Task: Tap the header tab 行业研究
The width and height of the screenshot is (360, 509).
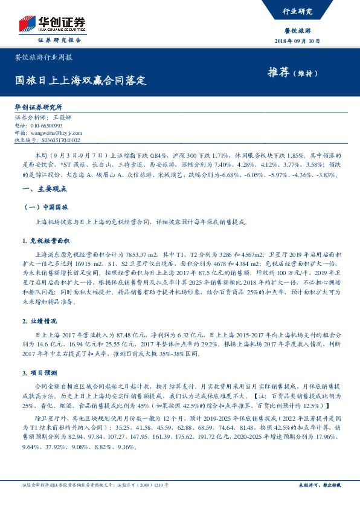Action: pyautogui.click(x=297, y=11)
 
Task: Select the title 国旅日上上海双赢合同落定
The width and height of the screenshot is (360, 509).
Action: pyautogui.click(x=81, y=80)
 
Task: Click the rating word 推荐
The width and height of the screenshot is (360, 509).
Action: pyautogui.click(x=278, y=73)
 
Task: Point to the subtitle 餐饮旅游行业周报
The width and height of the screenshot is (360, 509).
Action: pyautogui.click(x=43, y=59)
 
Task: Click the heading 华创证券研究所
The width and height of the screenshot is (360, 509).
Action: pyautogui.click(x=39, y=106)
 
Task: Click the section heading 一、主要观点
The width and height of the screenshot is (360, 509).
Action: pyautogui.click(x=37, y=189)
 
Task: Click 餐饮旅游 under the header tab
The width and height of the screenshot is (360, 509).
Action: pyautogui.click(x=297, y=30)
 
